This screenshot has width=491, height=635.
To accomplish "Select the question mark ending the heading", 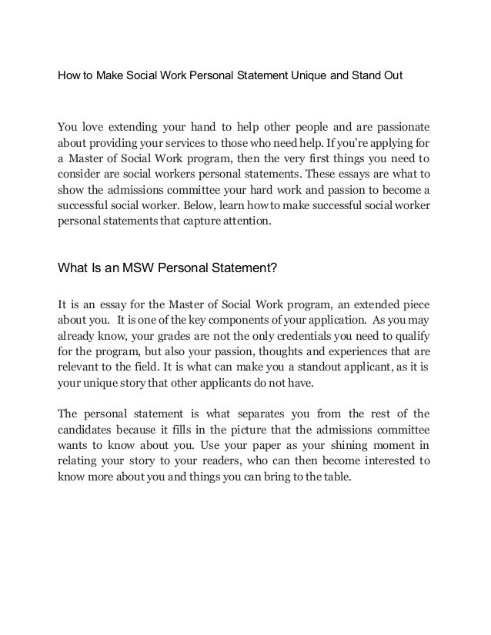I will click(x=275, y=268).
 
